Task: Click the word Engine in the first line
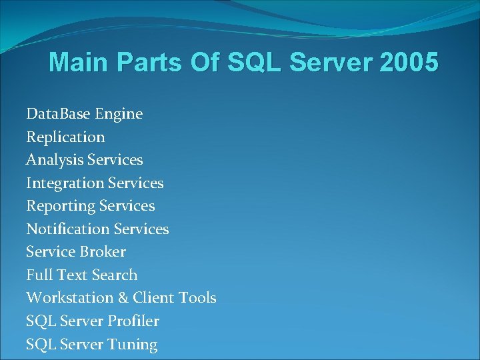click(119, 115)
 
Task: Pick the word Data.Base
click(59, 114)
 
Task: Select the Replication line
click(65, 137)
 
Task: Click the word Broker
click(103, 252)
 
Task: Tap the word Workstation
click(65, 298)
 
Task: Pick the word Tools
click(197, 298)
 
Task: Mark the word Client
click(153, 298)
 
